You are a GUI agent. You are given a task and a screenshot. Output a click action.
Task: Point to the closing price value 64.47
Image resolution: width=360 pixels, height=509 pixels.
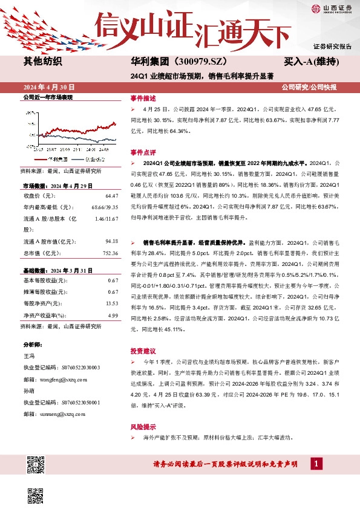click(111, 196)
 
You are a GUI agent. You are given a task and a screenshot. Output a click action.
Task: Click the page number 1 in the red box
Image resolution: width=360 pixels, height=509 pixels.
click(315, 464)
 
